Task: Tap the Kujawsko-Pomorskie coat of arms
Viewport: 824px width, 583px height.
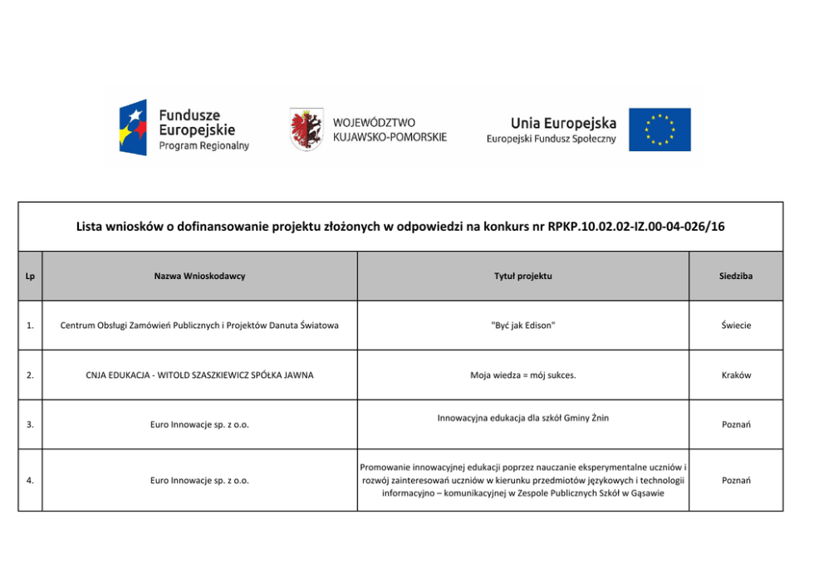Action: [x=307, y=129]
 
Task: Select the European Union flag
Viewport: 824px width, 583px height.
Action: [x=659, y=130]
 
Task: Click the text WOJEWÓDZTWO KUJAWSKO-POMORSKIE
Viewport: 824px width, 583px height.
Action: [x=390, y=130]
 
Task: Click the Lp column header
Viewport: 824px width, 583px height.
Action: [x=30, y=276]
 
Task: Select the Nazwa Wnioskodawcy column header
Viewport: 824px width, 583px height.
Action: [x=199, y=276]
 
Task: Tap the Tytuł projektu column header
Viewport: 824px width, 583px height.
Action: [x=522, y=276]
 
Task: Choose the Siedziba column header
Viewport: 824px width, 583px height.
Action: [x=736, y=276]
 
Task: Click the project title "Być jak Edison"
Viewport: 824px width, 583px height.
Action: [x=522, y=326]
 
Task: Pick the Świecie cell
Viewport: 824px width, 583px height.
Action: [x=736, y=326]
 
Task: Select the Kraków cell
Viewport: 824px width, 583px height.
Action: [x=736, y=375]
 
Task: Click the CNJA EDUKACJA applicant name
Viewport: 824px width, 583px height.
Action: [x=199, y=375]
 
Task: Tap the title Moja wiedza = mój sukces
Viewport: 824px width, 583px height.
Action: [x=522, y=375]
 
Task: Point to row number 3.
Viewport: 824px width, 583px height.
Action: [x=30, y=424]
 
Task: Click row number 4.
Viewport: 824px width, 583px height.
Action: [x=30, y=480]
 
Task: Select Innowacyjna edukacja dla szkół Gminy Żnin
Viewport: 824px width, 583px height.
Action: [x=522, y=418]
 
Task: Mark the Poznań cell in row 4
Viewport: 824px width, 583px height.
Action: [x=736, y=480]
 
